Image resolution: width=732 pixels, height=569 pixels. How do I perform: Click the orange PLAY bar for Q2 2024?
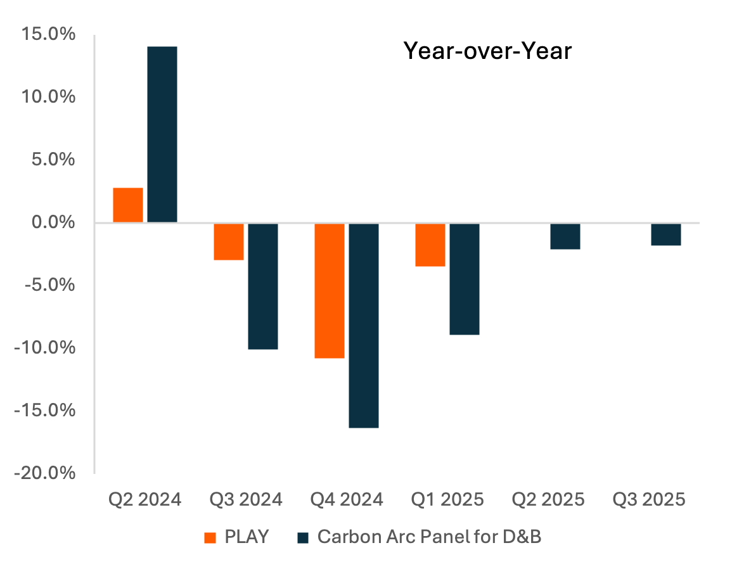click(128, 205)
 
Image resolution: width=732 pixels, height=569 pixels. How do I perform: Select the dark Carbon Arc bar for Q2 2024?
click(162, 134)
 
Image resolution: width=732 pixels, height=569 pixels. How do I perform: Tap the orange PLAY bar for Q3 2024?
click(229, 241)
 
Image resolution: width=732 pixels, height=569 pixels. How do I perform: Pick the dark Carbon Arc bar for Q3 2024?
click(263, 286)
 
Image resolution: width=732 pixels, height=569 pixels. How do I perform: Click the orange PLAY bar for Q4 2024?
click(330, 291)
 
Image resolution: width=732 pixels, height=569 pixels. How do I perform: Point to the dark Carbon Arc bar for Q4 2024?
click(364, 326)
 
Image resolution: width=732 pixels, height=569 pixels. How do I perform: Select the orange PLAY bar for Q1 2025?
click(430, 245)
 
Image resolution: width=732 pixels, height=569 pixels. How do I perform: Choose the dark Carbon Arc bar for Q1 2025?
click(465, 279)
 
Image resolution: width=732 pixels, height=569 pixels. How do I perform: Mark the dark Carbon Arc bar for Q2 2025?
click(565, 236)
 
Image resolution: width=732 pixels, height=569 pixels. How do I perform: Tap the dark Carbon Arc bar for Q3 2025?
click(666, 234)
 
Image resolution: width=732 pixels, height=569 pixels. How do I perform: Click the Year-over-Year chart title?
click(487, 51)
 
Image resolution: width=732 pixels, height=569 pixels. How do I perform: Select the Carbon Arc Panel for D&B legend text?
click(430, 537)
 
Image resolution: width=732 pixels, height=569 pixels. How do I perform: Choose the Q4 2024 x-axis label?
click(347, 500)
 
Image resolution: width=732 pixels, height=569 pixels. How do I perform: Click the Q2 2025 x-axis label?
click(548, 500)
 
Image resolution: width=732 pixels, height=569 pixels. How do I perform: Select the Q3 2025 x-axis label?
click(649, 500)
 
